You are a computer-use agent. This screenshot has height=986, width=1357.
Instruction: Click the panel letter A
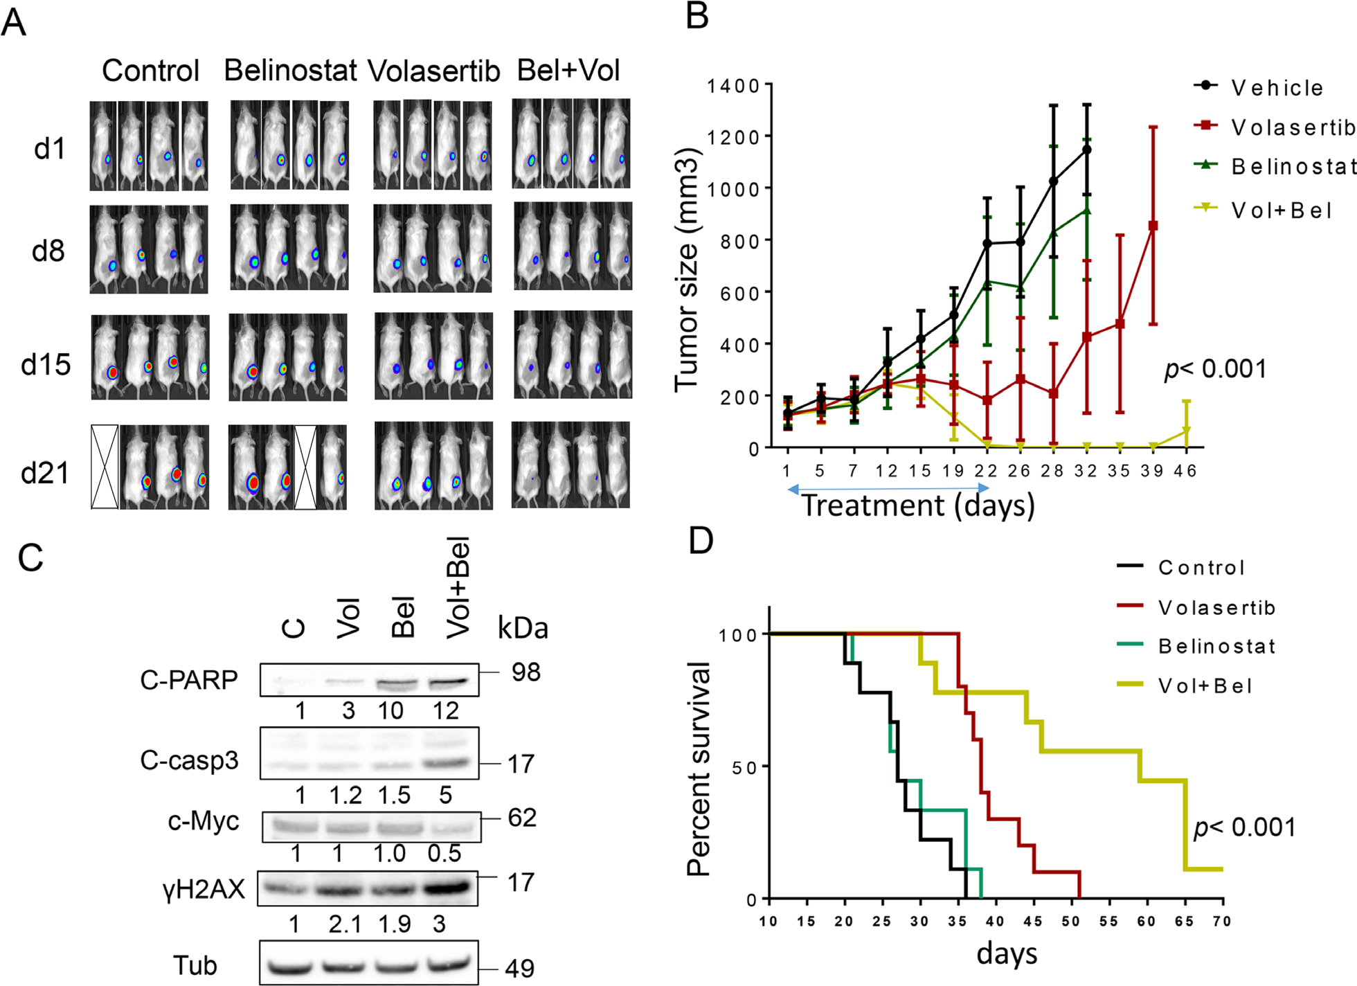click(x=14, y=22)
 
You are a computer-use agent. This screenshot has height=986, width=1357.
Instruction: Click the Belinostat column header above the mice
click(x=290, y=71)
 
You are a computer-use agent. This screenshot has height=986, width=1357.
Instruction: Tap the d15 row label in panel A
click(x=46, y=364)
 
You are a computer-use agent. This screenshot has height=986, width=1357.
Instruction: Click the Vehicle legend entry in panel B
click(x=1277, y=88)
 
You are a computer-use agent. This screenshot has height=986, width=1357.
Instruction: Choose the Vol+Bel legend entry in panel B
click(x=1281, y=210)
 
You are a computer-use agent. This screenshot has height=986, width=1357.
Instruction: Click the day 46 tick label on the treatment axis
click(x=1186, y=472)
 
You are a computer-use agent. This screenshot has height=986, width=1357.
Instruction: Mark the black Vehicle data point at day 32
click(x=1087, y=150)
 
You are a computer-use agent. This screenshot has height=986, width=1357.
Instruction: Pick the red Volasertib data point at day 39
click(x=1153, y=226)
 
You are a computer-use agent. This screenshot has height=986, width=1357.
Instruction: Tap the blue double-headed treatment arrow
click(x=889, y=489)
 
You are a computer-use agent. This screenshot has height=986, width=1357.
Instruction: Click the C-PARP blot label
click(x=189, y=680)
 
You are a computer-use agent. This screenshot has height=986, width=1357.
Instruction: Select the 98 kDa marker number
click(x=526, y=672)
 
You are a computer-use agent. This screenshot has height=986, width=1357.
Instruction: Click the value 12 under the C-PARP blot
click(x=446, y=710)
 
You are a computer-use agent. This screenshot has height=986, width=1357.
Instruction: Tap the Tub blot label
click(x=195, y=965)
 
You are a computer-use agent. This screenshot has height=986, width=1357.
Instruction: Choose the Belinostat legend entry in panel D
click(x=1216, y=647)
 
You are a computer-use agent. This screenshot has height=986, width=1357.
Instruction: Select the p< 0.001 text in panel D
click(x=1244, y=827)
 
